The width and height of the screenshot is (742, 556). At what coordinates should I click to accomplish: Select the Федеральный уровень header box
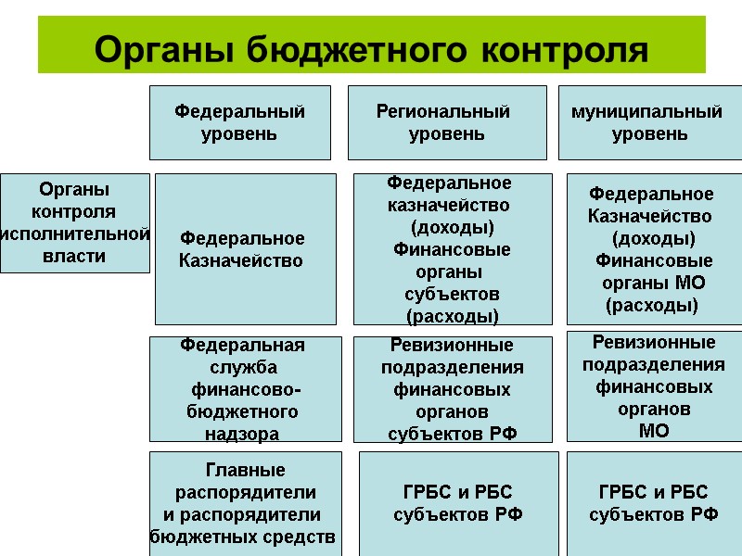coord(240,122)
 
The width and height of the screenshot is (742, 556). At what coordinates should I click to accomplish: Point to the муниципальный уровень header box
coord(649,122)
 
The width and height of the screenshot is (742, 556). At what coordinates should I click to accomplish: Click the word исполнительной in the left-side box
coord(75,234)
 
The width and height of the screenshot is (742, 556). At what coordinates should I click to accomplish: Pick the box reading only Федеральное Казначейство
coord(245,249)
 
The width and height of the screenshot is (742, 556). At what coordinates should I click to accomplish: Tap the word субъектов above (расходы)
coord(452,294)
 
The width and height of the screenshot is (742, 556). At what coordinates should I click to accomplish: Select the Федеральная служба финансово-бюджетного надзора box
coord(242,389)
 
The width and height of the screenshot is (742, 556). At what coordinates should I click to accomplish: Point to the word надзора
coord(241,433)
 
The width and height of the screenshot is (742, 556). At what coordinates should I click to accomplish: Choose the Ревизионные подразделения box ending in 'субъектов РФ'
coord(453,389)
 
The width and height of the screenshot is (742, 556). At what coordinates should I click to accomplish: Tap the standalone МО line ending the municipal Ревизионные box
coord(653,431)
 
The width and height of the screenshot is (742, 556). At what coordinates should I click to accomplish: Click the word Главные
coord(245,470)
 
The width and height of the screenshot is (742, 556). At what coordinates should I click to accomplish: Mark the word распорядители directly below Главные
coord(246,492)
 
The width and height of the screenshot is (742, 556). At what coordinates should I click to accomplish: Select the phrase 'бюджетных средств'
coord(244,537)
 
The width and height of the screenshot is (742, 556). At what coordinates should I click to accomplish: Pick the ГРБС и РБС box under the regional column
coord(458,503)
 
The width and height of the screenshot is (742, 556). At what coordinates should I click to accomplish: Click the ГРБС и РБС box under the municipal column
coord(654,503)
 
